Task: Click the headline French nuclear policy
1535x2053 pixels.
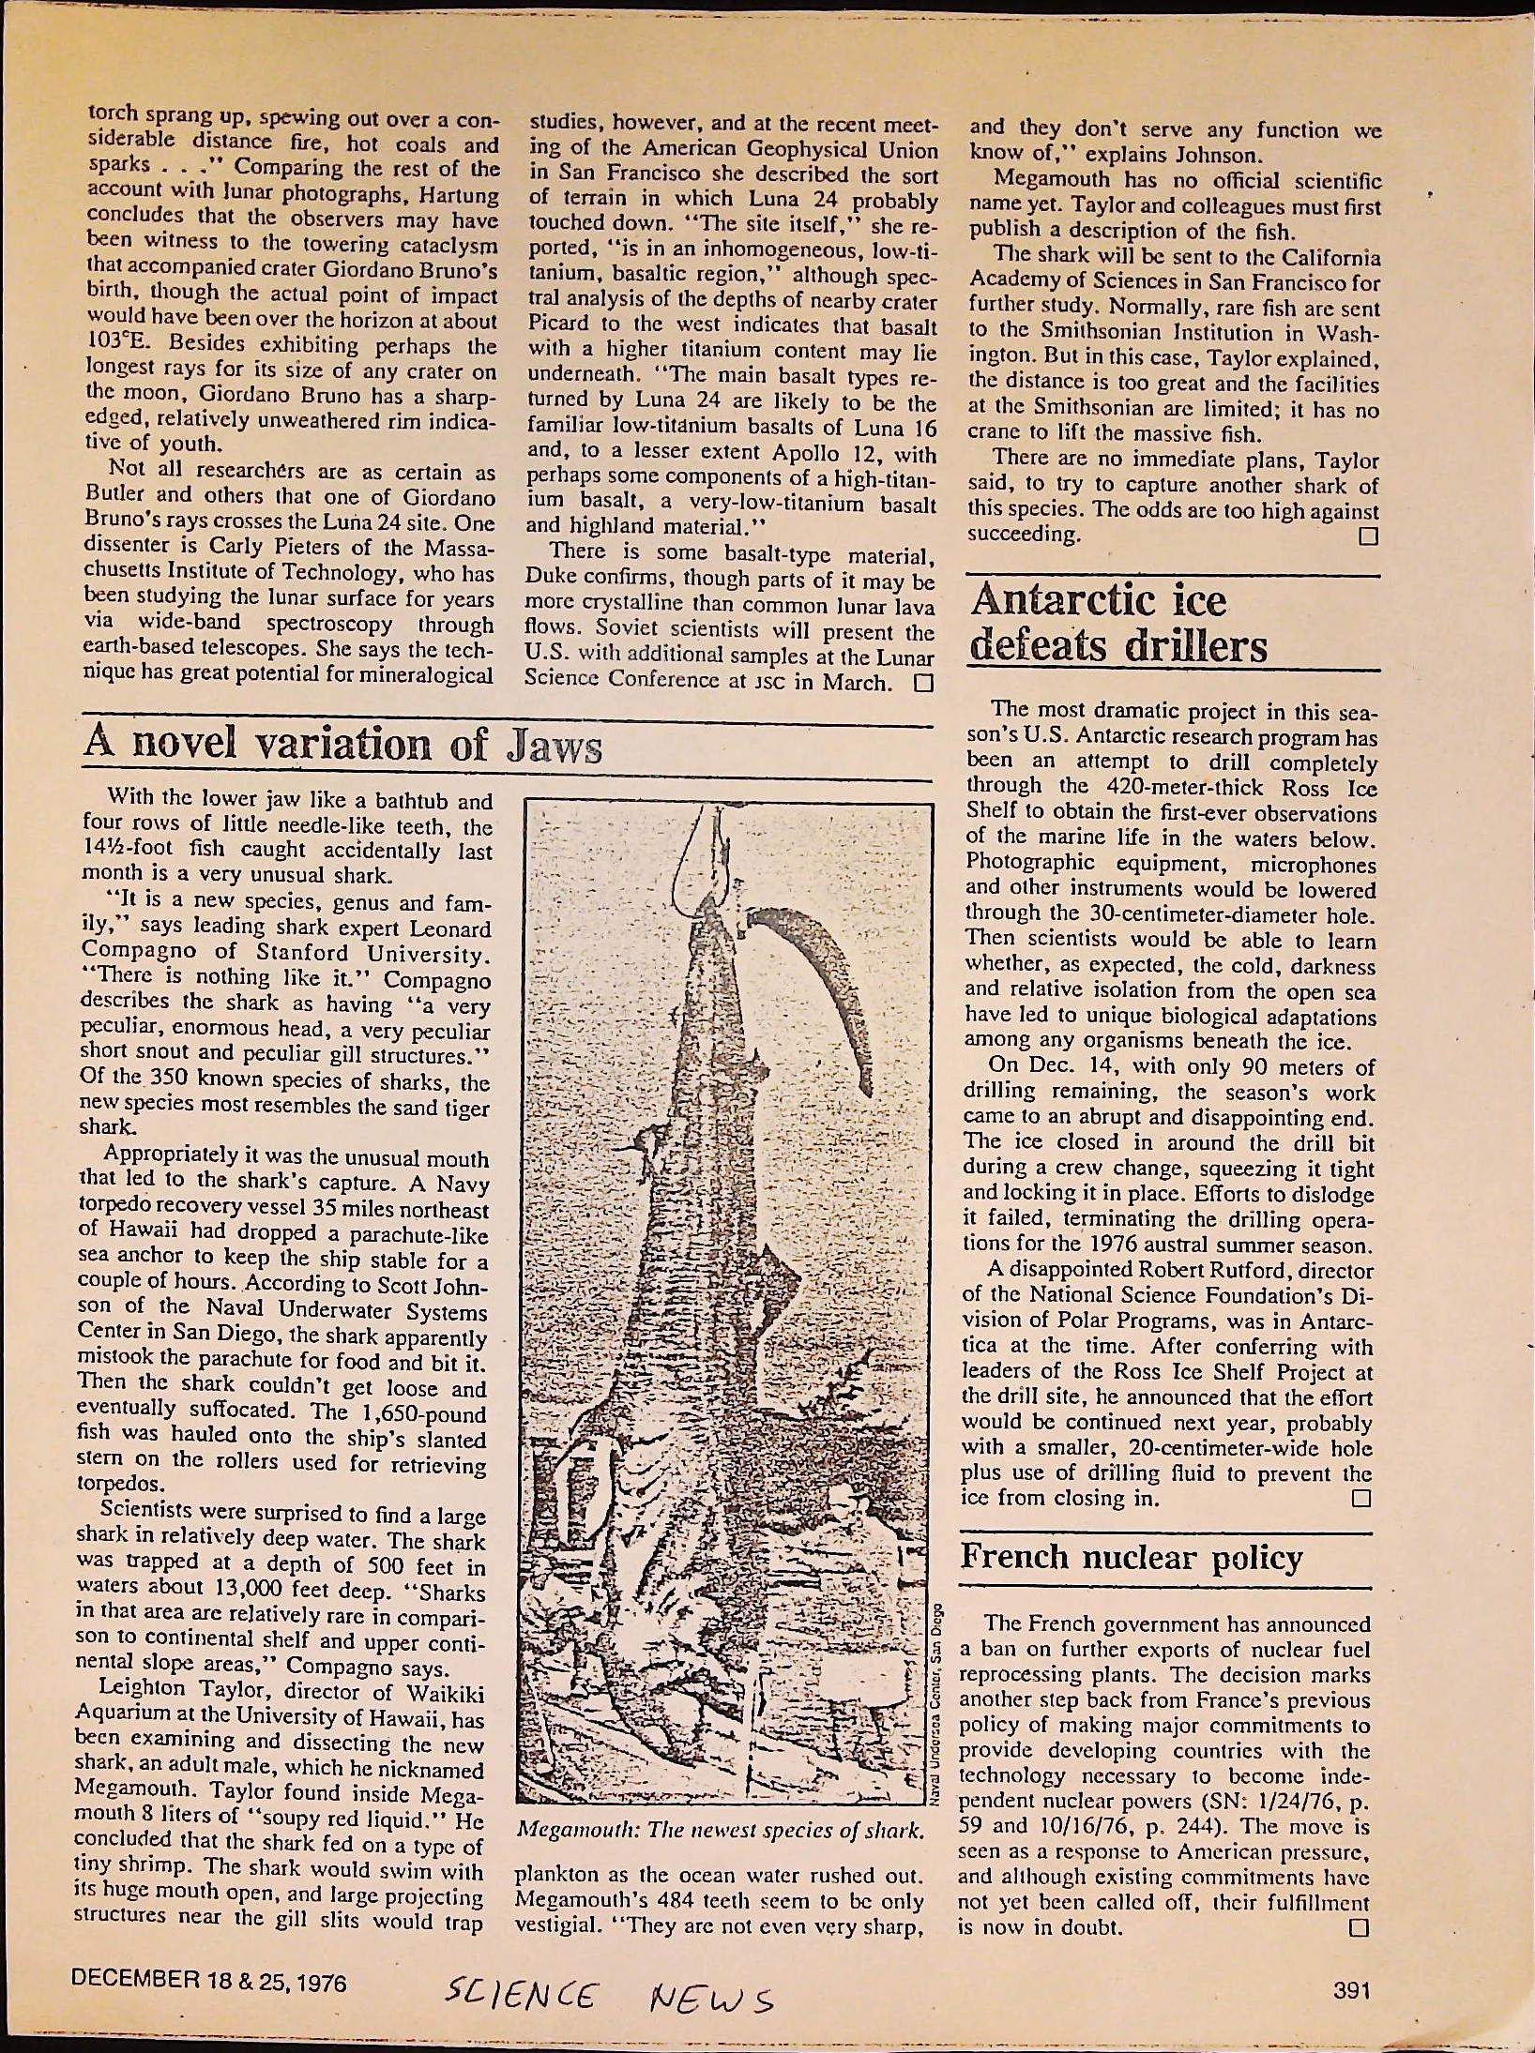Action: point(1132,1558)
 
